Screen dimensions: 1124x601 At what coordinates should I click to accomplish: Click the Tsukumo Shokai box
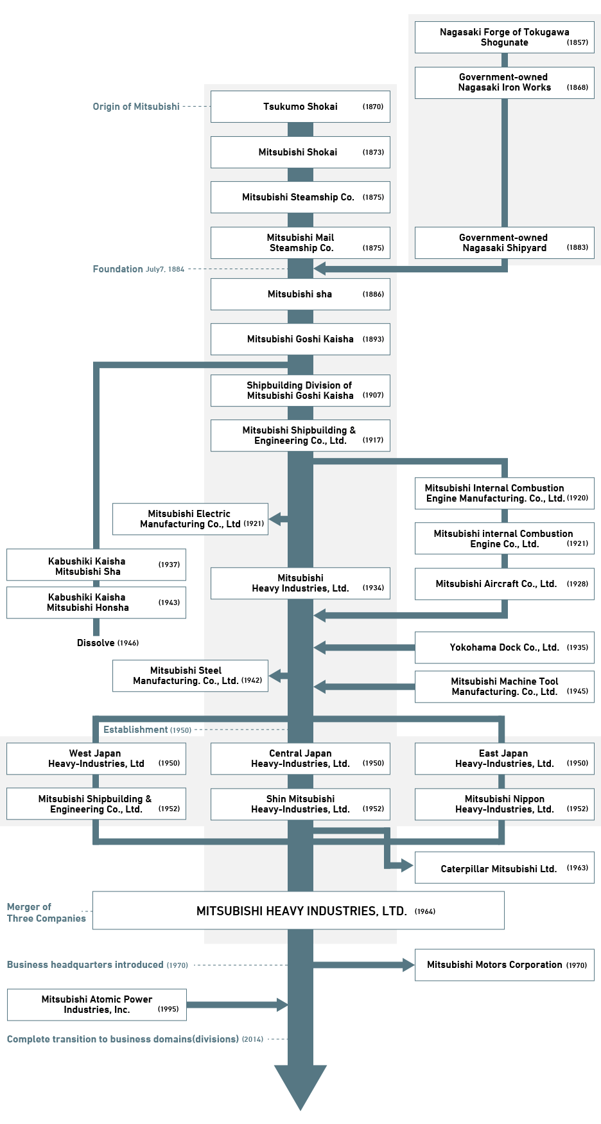[x=300, y=107]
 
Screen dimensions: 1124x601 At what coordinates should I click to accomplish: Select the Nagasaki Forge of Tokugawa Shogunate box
[x=504, y=37]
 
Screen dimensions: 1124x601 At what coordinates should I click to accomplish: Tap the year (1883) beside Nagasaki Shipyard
[x=577, y=247]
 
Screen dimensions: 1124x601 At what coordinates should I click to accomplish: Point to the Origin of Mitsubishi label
[x=136, y=107]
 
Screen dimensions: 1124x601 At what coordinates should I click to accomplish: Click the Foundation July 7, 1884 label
[x=138, y=269]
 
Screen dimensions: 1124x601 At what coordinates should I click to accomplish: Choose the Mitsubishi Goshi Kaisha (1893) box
[x=300, y=339]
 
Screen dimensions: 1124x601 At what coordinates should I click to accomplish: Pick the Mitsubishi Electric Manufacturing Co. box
[x=190, y=519]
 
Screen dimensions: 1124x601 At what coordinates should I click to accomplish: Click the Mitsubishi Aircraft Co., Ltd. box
[x=504, y=584]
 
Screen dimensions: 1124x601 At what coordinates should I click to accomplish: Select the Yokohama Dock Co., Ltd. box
[x=504, y=647]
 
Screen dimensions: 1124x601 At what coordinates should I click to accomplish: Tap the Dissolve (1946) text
[x=107, y=643]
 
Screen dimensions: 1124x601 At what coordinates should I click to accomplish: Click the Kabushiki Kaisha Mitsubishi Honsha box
[x=96, y=602]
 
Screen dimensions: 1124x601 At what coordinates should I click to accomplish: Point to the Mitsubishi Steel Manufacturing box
[x=190, y=676]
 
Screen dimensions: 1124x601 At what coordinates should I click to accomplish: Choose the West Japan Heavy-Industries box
[x=96, y=759]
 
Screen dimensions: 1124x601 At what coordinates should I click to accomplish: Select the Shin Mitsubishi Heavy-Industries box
[x=300, y=804]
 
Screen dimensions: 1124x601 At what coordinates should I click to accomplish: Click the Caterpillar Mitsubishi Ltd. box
[x=504, y=868]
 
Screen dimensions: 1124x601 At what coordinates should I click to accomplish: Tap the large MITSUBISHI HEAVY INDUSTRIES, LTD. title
[x=301, y=911]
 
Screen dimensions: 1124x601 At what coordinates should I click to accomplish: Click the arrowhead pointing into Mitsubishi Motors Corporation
[x=408, y=965]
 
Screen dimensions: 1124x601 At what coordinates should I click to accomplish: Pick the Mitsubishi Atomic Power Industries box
[x=97, y=1005]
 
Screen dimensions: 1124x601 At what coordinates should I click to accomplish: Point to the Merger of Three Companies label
[x=46, y=913]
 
